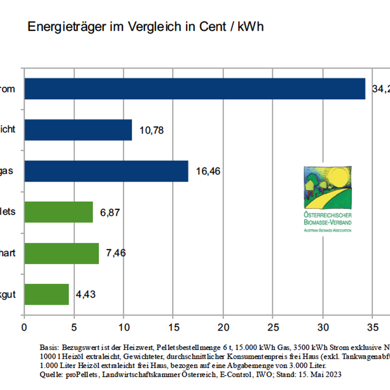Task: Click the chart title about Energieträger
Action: pos(145,26)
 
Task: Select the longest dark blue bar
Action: pos(195,89)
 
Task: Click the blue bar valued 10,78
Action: pos(78,130)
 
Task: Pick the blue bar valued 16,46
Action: pos(106,171)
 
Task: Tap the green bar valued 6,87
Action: pos(58,212)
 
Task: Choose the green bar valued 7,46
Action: pos(61,253)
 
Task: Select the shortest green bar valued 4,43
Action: pos(46,294)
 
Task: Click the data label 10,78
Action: pos(152,130)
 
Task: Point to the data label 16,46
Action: pos(208,172)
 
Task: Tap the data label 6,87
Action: pos(110,213)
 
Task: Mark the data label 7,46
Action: pos(116,253)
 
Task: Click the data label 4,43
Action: pos(86,294)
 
